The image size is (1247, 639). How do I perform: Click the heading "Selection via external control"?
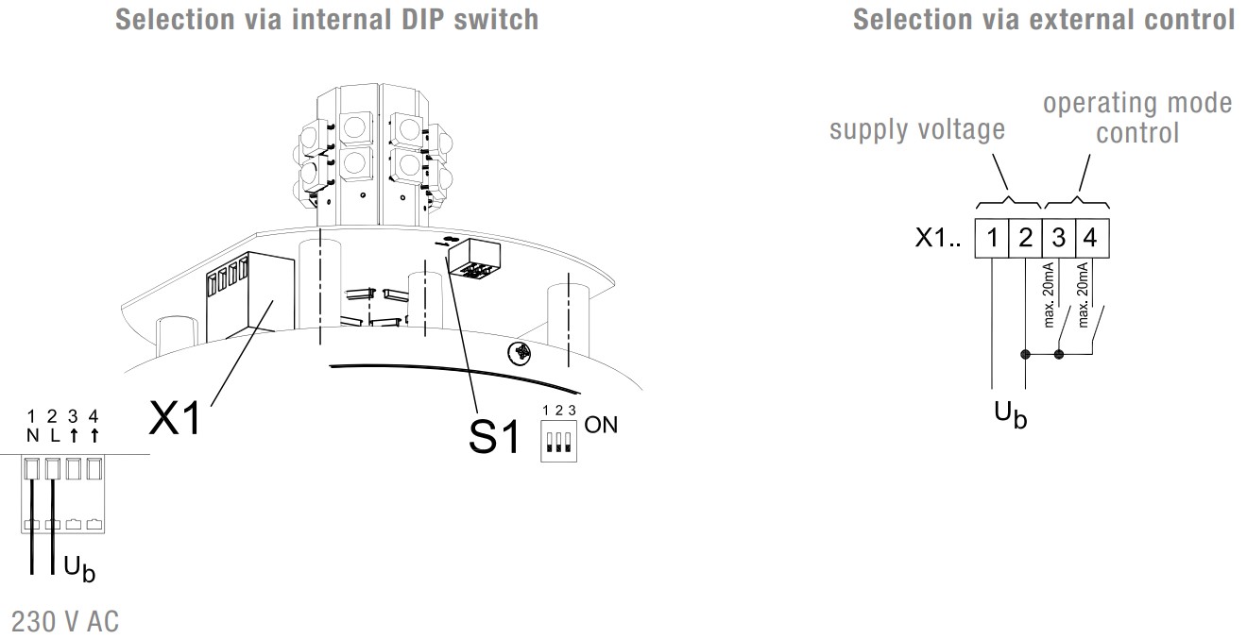coord(1044,19)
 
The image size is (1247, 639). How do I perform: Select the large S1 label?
coord(494,437)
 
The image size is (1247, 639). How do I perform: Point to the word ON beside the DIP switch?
coord(601,425)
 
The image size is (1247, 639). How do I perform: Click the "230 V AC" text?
coord(65,622)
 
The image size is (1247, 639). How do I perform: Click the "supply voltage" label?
coord(916,130)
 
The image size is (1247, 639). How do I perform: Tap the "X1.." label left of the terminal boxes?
coord(939,240)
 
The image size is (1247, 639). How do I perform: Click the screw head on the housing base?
coord(518,352)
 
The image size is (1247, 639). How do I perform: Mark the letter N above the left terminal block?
coord(32,435)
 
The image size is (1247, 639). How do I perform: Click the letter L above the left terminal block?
coord(53,435)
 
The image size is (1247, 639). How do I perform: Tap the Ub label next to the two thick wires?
coord(78,568)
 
